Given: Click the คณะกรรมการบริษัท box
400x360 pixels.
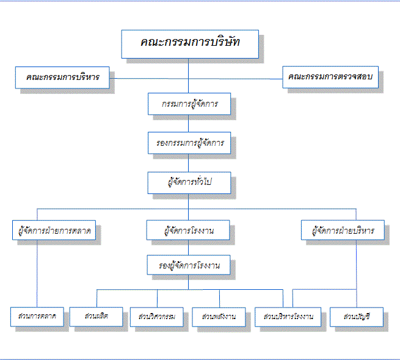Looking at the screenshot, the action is [x=190, y=44].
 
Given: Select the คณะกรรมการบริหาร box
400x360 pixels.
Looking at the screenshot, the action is [x=62, y=77].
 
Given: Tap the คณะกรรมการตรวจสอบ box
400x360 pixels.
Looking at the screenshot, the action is [x=330, y=77].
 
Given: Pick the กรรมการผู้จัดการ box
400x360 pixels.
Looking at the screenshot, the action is [x=189, y=104].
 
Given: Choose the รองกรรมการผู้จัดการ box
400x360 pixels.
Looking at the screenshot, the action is [x=189, y=143].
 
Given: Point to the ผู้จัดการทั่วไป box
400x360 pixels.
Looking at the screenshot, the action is [x=189, y=183].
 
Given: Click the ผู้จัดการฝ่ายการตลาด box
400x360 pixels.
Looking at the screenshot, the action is [x=54, y=230].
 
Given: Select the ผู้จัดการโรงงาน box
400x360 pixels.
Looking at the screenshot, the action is [x=188, y=230].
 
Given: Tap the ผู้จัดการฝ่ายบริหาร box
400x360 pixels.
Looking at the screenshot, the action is [x=343, y=230].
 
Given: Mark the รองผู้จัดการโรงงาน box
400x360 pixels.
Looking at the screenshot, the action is [x=189, y=265].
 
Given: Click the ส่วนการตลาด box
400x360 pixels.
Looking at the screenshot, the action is [x=37, y=317].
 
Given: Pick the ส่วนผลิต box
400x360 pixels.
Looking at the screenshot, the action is [x=96, y=317].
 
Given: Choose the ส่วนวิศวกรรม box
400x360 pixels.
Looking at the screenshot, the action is [x=156, y=317].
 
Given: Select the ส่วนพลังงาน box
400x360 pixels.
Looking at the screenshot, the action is [x=219, y=317].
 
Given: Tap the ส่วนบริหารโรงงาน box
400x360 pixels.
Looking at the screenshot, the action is [x=288, y=317].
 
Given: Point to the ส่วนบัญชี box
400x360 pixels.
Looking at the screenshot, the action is [x=357, y=317].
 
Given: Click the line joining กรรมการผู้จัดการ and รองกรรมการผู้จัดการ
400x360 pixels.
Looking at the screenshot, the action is [x=189, y=123].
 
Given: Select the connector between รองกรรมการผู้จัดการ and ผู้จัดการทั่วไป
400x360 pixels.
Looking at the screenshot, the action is [x=189, y=163].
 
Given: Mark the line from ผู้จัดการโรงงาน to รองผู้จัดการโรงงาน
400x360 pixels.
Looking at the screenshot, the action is [x=189, y=248].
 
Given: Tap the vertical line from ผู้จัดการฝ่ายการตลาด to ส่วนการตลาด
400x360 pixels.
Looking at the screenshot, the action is [x=37, y=273].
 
